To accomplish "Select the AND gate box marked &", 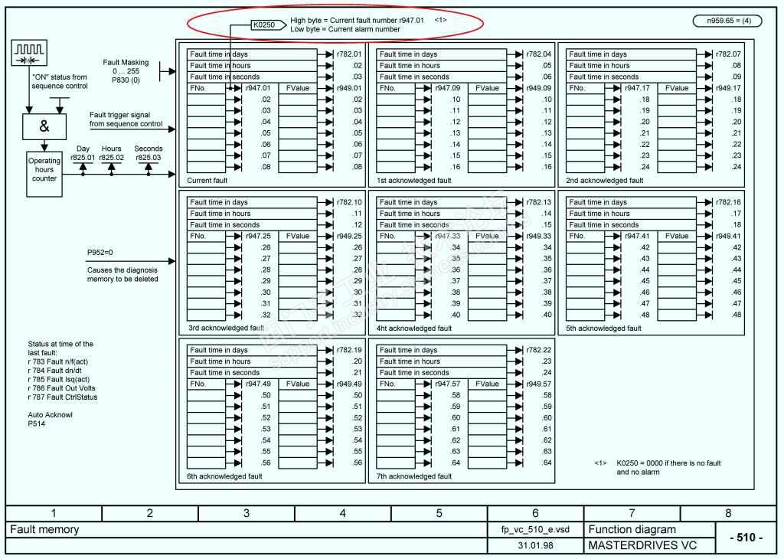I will coord(44,127).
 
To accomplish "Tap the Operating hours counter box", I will coord(44,170).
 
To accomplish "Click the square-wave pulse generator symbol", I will coord(30,53).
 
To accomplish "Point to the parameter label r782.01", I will coord(348,54).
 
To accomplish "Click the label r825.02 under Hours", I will coord(111,158).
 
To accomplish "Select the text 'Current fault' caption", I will coord(207,181).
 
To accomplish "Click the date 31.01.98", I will coord(534,546).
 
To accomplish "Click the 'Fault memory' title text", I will coord(44,529).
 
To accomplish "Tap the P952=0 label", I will coord(100,251).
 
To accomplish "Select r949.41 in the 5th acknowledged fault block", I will coord(727,236).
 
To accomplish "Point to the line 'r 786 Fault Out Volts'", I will coord(62,388).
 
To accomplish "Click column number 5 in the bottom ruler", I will coord(439,513).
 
